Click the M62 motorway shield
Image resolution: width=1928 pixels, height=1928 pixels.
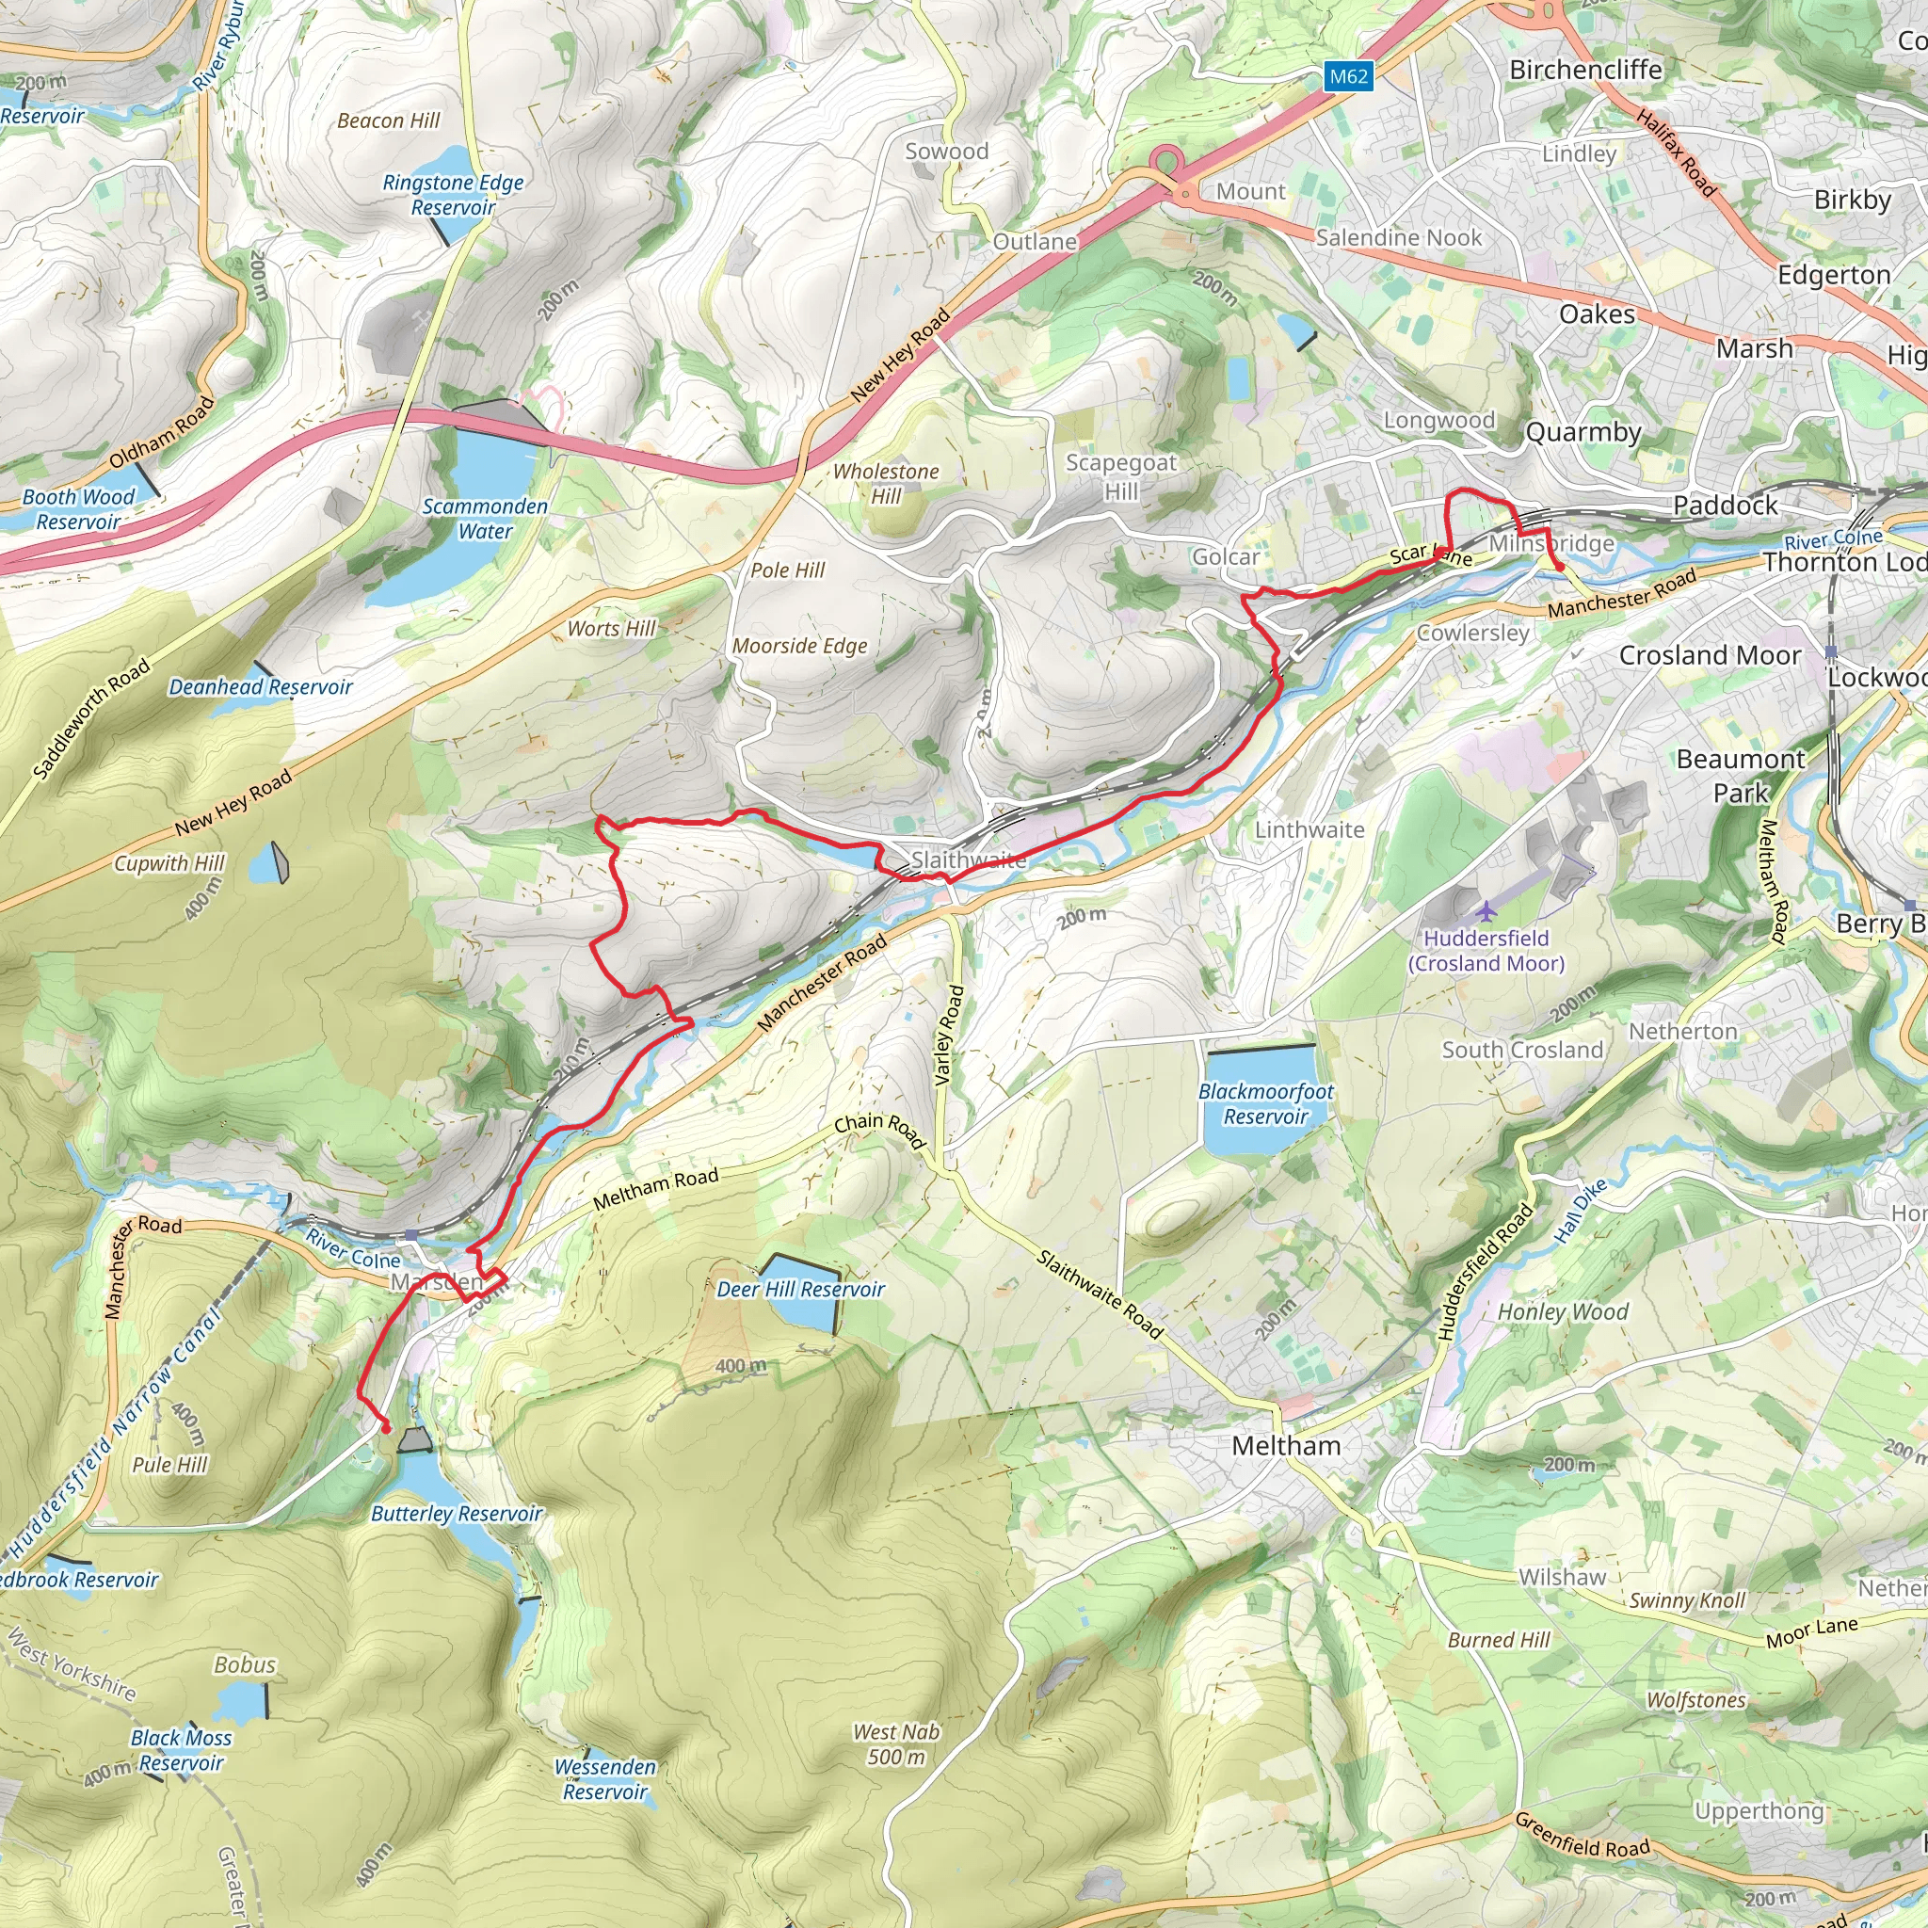[x=1349, y=77]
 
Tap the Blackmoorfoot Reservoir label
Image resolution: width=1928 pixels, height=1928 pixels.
[x=1265, y=1103]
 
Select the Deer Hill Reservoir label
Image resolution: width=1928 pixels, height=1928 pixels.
[x=800, y=1290]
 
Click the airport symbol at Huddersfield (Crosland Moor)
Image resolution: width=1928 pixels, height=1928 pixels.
[x=1486, y=910]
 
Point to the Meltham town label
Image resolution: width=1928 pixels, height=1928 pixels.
[x=1285, y=1445]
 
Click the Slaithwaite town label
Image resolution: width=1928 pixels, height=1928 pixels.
[x=968, y=860]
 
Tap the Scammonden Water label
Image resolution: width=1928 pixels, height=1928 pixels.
[x=485, y=519]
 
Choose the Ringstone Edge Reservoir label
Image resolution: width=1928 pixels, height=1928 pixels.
[x=453, y=195]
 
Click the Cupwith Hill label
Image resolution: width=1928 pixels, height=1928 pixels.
[x=169, y=863]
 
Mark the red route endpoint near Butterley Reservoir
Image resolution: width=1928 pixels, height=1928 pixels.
[x=385, y=1429]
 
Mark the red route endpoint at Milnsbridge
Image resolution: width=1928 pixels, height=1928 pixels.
[x=1559, y=567]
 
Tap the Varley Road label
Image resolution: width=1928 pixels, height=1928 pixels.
[x=949, y=1036]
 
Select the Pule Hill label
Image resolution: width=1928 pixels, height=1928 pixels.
[x=169, y=1465]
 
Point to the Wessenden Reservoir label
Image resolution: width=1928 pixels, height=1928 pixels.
[x=604, y=1779]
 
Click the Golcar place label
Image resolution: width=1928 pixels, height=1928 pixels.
[x=1226, y=557]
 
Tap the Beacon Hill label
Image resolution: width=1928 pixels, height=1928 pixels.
[x=388, y=120]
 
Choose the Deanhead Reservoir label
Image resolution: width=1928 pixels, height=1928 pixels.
[x=261, y=686]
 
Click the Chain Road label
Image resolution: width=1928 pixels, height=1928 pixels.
[x=880, y=1131]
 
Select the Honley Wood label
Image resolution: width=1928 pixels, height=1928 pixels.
[x=1563, y=1312]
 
